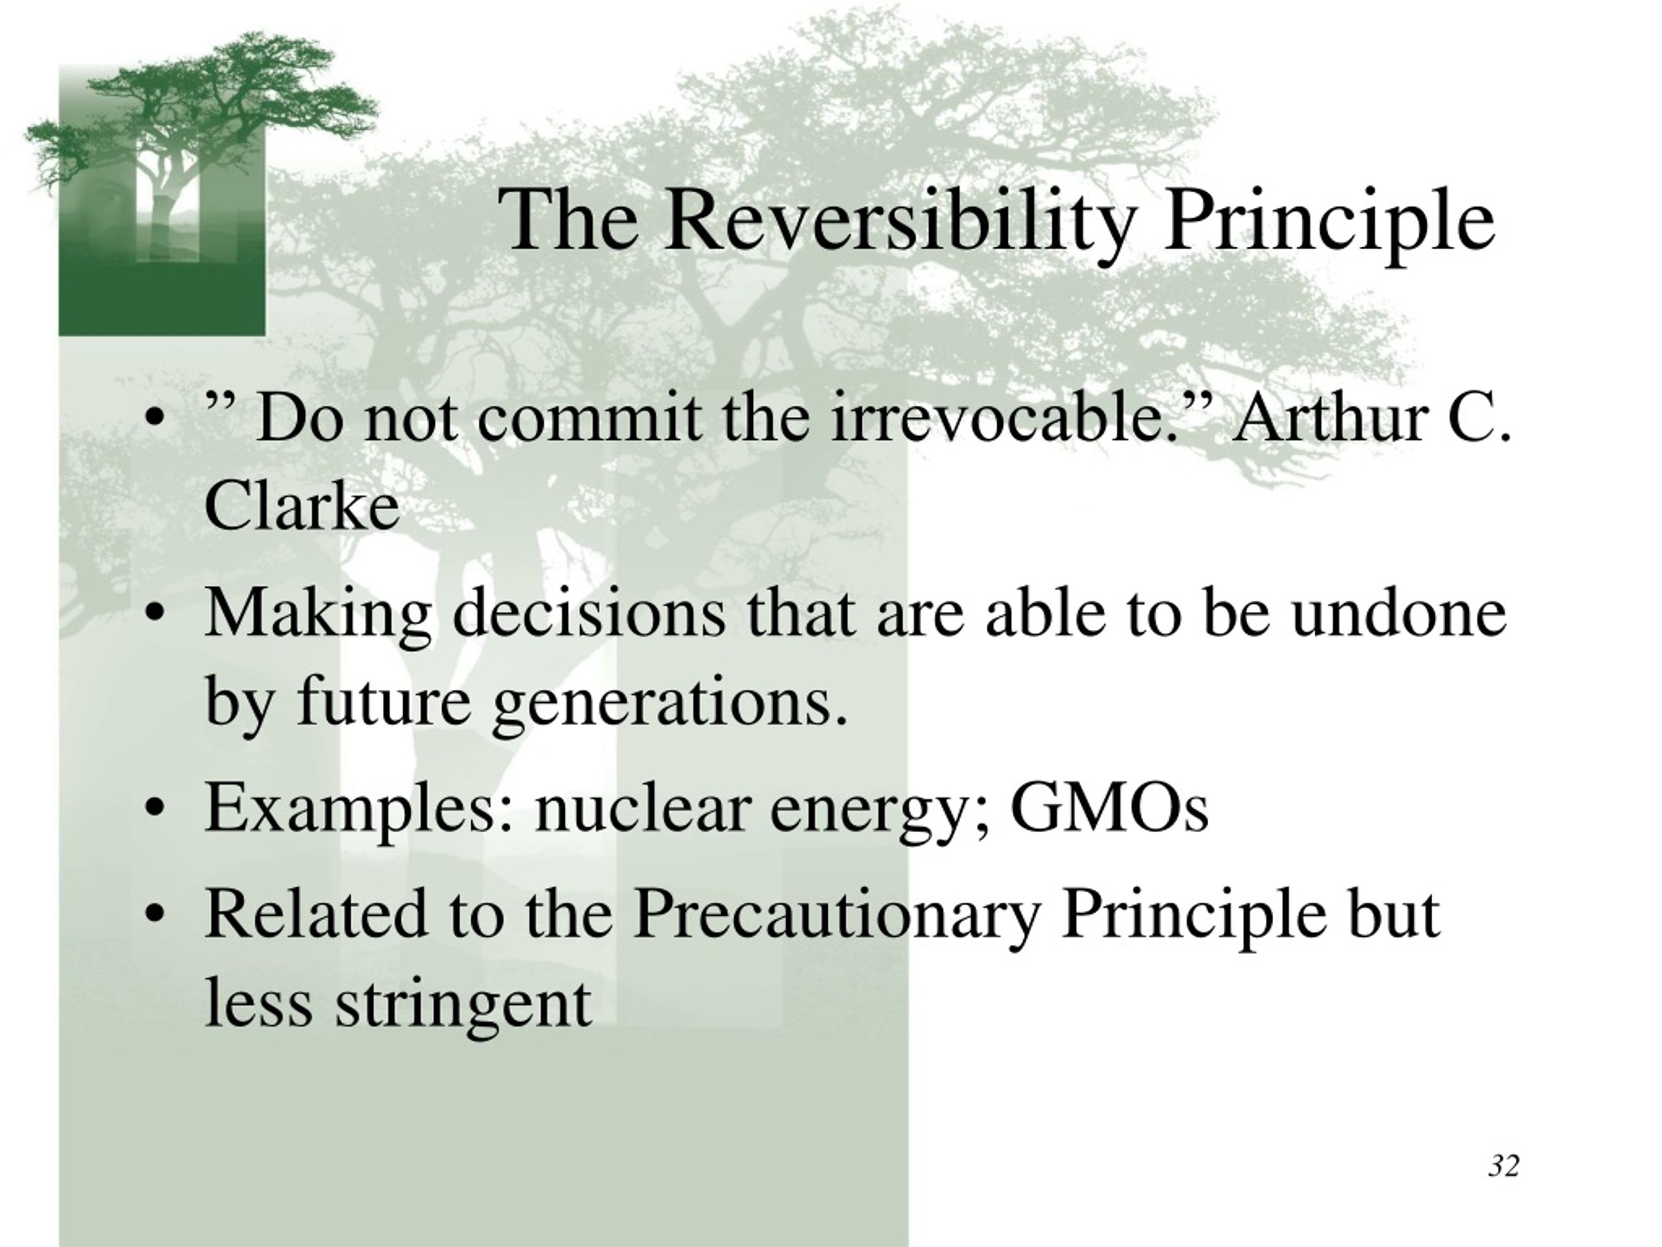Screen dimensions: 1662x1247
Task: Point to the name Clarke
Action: click(x=301, y=505)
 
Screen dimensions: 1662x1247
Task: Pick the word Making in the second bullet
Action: click(x=319, y=612)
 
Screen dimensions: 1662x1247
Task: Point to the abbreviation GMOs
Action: click(x=1109, y=807)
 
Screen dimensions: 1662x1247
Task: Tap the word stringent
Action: click(x=463, y=1005)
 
